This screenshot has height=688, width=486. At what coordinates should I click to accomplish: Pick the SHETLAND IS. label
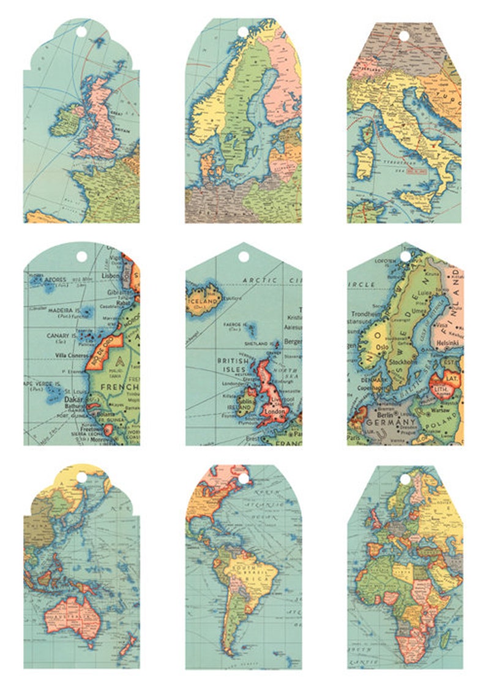tap(257, 344)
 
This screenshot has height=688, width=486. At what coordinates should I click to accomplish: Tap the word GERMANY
tap(391, 422)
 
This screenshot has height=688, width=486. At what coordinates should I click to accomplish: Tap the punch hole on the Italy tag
tap(403, 36)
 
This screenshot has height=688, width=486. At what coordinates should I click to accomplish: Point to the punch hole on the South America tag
tap(244, 479)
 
